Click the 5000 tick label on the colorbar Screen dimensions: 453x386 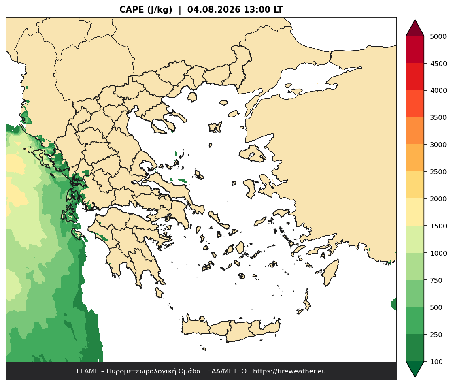pos(438,36)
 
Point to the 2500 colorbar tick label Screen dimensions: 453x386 pos(438,172)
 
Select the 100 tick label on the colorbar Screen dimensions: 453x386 pos(436,362)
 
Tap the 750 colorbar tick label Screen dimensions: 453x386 pos(436,280)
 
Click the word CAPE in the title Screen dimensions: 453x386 pos(132,10)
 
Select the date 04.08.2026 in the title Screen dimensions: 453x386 pos(214,10)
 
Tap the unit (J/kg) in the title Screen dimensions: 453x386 pos(160,10)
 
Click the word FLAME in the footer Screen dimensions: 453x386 pos(87,371)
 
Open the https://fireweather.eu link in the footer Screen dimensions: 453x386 pos(289,371)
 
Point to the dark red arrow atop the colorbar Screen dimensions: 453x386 pos(415,28)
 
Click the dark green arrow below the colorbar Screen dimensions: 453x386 pos(415,369)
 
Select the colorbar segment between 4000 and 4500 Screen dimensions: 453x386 pos(415,77)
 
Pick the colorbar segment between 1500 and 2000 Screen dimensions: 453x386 pos(415,212)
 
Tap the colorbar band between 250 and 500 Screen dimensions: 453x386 pos(415,321)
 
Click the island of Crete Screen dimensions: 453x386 pos(231,330)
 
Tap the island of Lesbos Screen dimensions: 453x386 pos(252,153)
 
